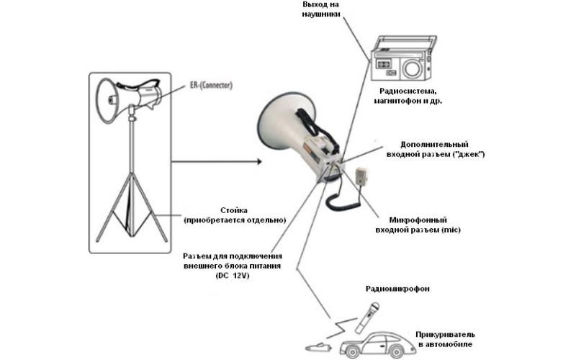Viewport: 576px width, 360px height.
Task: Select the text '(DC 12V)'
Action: point(231,276)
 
